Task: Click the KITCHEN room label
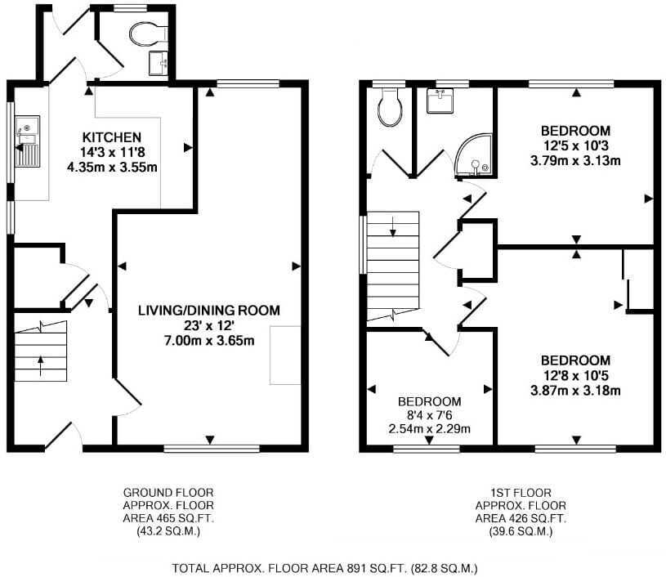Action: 112,137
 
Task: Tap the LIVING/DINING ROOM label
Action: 209,311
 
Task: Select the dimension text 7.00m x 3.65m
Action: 209,340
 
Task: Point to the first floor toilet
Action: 390,107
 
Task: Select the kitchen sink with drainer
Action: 28,141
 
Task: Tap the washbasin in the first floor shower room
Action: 440,101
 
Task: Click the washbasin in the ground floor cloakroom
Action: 159,63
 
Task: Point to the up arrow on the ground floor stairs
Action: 40,366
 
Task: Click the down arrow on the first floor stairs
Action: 392,226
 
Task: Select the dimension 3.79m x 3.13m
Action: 575,161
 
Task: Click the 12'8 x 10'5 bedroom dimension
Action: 575,375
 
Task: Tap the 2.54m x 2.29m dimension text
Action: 429,429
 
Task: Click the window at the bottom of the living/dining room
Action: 212,448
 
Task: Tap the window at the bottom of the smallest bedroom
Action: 427,448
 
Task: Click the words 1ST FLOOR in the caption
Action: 521,493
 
